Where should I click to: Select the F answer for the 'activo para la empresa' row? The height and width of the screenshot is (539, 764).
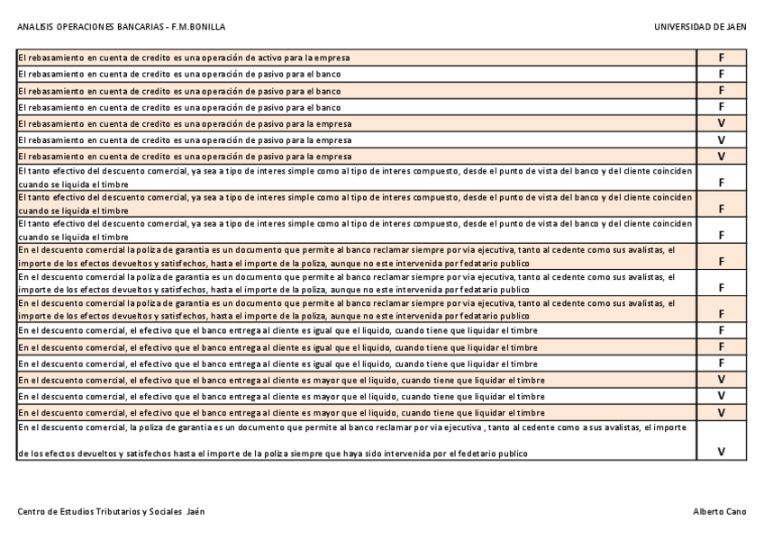(x=721, y=58)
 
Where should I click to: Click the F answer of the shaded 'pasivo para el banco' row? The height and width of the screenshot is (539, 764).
(x=721, y=91)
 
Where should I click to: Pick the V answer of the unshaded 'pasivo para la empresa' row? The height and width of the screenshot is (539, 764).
(x=721, y=140)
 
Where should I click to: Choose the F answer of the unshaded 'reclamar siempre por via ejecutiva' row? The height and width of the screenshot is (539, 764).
(x=721, y=288)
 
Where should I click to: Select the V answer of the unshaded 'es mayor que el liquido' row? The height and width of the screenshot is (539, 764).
(x=721, y=396)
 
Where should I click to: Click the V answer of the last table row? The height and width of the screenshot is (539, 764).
(x=721, y=452)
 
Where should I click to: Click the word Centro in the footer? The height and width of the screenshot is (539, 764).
(x=32, y=511)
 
